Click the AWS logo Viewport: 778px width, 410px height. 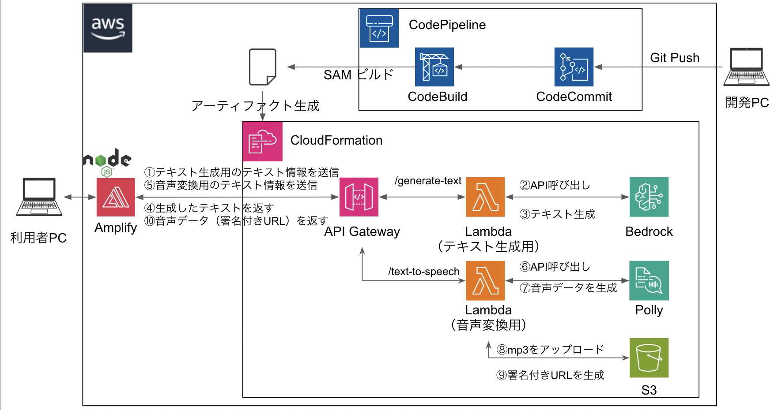click(108, 28)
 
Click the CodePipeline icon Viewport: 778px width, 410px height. click(379, 28)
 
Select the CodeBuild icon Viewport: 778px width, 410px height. click(434, 67)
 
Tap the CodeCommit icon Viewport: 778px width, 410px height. click(574, 67)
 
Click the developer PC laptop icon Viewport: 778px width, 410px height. click(746, 67)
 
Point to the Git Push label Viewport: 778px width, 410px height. click(674, 58)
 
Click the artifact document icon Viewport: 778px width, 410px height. click(263, 67)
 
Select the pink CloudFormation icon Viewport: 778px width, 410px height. click(262, 142)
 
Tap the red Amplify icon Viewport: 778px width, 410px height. click(116, 197)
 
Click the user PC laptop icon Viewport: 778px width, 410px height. click(39, 197)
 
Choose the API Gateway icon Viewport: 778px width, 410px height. click(359, 197)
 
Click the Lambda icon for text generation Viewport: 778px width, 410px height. click(485, 197)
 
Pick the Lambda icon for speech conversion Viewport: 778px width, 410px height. click(485, 280)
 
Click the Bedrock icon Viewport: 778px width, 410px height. click(649, 197)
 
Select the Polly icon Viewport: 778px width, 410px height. click(649, 280)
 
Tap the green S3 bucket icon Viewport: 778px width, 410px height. click(649, 358)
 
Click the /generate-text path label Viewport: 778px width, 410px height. click(428, 181)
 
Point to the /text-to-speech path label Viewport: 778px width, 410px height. click(423, 272)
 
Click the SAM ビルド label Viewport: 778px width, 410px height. click(358, 75)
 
